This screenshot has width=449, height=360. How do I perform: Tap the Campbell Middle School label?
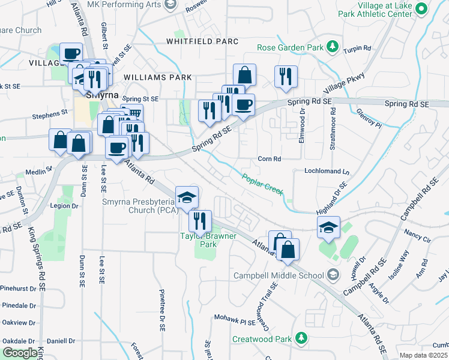(279, 276)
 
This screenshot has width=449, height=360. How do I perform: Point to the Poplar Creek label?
(262, 184)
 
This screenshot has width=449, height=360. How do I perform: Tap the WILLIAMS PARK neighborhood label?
(158, 77)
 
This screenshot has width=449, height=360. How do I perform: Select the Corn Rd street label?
(269, 159)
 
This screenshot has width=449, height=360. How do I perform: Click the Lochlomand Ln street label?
(327, 171)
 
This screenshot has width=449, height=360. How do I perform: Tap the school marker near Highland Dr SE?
(328, 227)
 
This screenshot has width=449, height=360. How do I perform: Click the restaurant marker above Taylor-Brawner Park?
(200, 220)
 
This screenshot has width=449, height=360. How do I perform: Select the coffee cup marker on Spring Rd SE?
(243, 105)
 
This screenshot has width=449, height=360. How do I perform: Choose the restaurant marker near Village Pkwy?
(284, 76)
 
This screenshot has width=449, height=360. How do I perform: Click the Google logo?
(20, 353)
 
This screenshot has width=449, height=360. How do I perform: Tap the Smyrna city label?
(99, 94)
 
